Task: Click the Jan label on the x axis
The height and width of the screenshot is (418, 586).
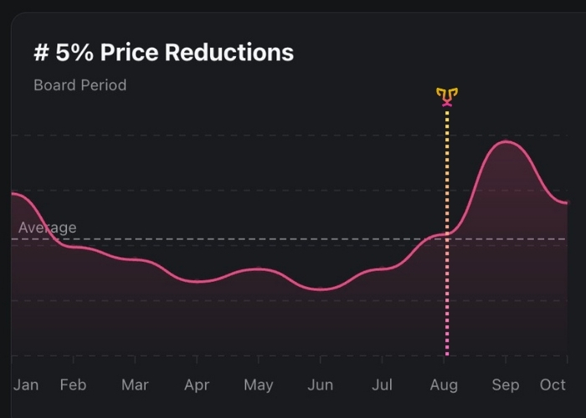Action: [26, 385]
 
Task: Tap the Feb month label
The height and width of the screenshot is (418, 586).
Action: [73, 385]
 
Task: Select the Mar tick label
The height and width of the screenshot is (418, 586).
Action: [135, 385]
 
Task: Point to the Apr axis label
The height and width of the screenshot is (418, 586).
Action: [197, 385]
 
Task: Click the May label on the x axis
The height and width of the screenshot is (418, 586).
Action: [259, 385]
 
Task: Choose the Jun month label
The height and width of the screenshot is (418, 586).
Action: [320, 385]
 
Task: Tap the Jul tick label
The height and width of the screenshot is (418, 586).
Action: [382, 385]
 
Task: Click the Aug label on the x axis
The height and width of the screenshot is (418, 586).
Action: [444, 385]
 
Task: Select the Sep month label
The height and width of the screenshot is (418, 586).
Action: [506, 385]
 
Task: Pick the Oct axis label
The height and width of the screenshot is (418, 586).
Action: [553, 385]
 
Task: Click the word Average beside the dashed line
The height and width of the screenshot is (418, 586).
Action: [47, 227]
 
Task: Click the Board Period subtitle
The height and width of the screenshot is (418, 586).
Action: [80, 84]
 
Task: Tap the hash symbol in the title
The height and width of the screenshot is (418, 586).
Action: [41, 53]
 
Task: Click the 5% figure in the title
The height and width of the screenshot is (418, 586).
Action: [75, 53]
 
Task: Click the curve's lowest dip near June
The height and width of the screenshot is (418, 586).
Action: [321, 289]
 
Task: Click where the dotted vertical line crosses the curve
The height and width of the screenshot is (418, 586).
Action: [447, 233]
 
